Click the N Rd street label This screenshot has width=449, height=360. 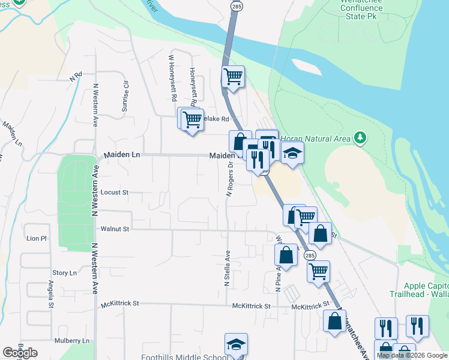pos(75,77)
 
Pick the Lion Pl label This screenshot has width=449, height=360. pos(37,238)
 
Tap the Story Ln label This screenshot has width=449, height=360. pos(65,273)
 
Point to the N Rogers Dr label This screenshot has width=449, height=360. pos(229,181)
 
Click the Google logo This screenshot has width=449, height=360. pos(20,353)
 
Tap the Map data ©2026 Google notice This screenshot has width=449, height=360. pos(412,355)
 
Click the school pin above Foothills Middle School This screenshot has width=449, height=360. pos(236,344)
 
